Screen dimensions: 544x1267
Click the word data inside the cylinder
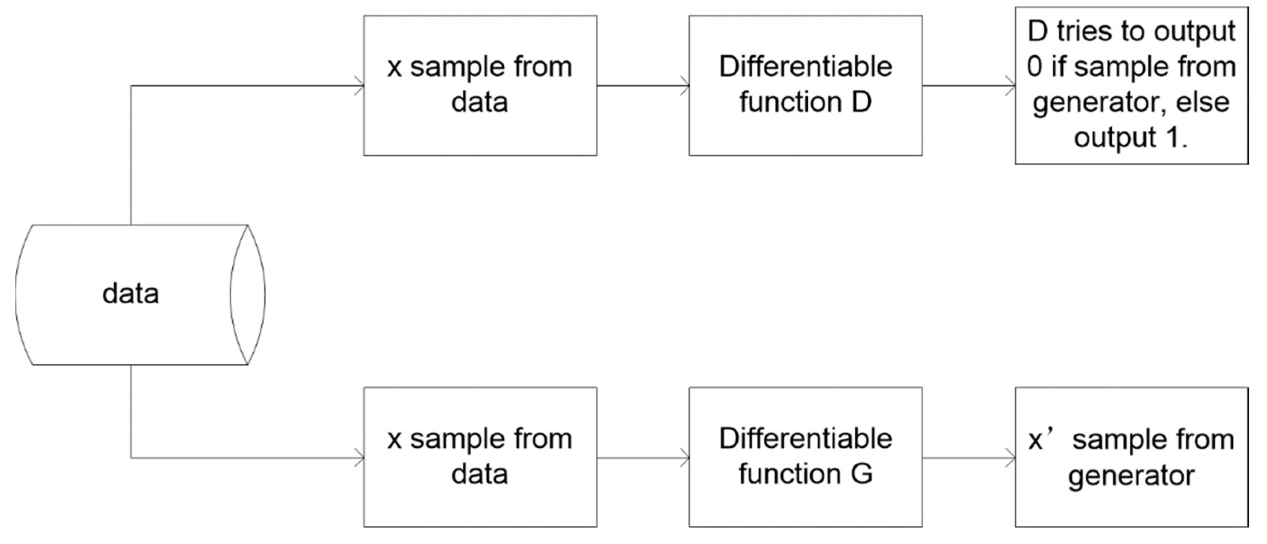click(x=131, y=294)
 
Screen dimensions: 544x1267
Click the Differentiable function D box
click(x=805, y=85)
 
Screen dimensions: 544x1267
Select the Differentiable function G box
click(x=805, y=457)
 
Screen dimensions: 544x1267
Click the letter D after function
click(x=861, y=102)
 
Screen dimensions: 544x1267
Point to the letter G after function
click(x=861, y=474)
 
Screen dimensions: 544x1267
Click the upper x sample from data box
click(x=480, y=85)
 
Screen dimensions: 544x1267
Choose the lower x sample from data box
click(x=480, y=457)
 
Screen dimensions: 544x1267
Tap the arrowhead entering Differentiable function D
click(x=685, y=86)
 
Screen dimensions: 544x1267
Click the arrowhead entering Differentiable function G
click(x=685, y=458)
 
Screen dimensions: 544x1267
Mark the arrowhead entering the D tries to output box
click(x=1011, y=86)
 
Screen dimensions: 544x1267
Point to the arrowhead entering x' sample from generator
click(x=1011, y=458)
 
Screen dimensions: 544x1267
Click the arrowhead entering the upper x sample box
click(x=360, y=86)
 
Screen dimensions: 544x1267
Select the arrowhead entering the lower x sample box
click(x=360, y=458)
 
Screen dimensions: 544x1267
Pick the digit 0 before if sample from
click(x=1034, y=67)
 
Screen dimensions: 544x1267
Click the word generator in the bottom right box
click(x=1131, y=475)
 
